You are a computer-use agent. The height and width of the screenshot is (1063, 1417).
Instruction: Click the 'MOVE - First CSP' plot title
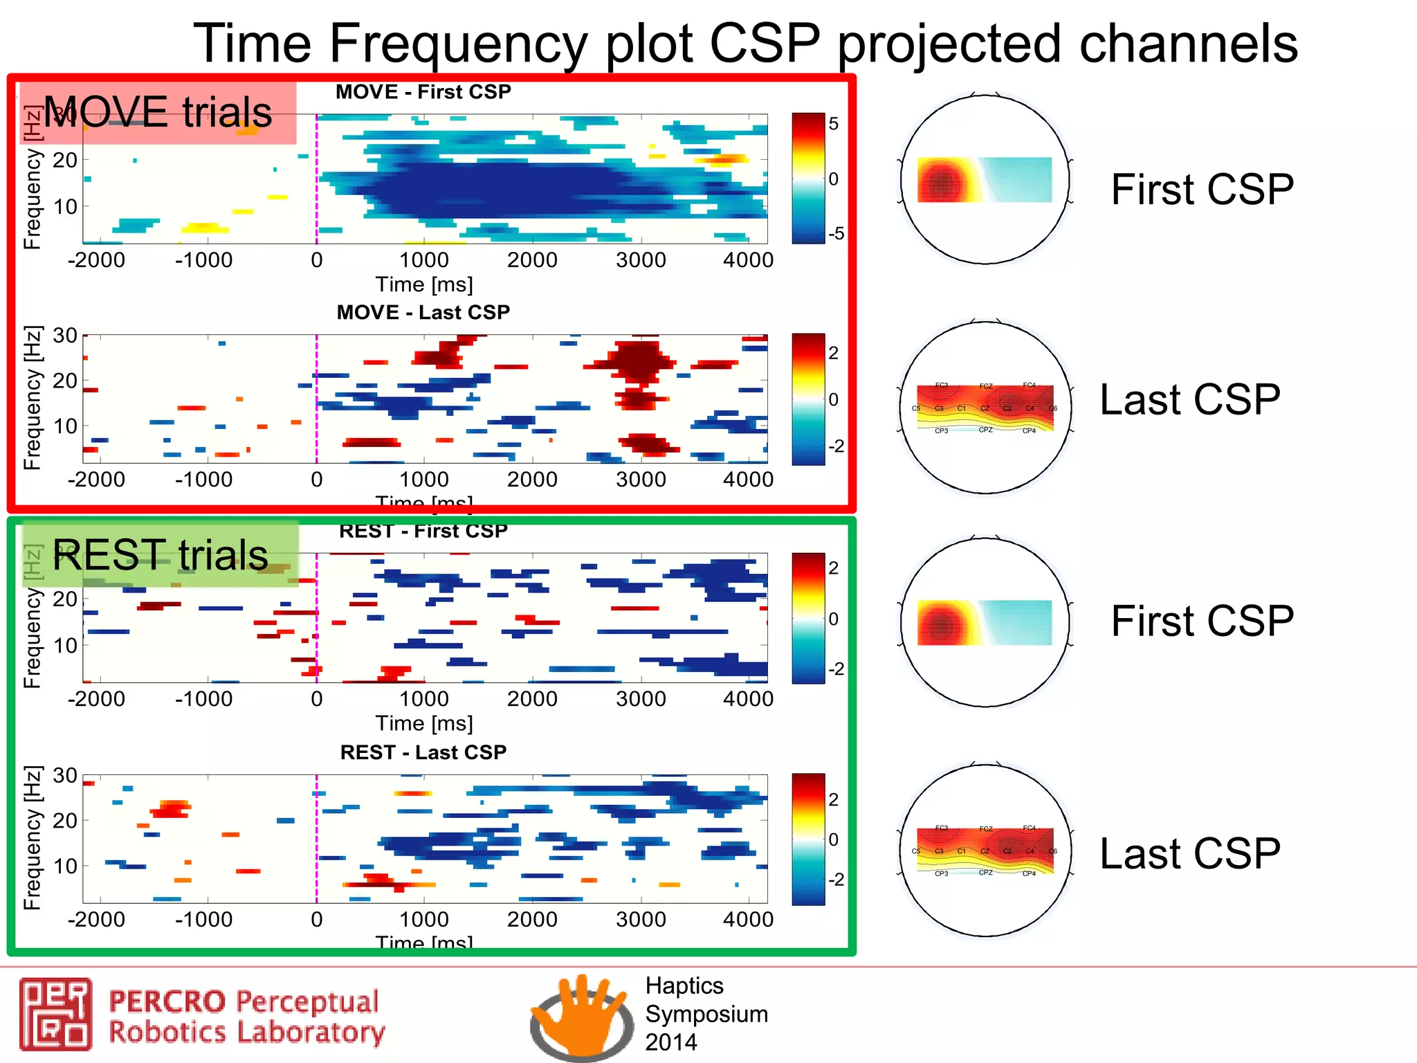point(423,92)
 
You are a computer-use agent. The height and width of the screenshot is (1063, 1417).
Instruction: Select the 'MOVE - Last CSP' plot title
point(423,313)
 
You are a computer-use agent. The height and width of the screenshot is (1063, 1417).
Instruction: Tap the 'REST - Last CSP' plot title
point(423,752)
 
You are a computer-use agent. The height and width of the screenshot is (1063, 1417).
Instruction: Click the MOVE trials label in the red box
point(158,112)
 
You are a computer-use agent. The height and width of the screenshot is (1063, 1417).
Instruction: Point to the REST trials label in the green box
point(161,555)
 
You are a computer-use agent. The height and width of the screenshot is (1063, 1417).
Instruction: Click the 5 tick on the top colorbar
point(834,124)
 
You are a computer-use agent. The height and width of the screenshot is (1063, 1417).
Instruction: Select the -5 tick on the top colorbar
point(836,234)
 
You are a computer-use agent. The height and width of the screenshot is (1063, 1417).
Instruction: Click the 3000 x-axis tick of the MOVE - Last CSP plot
point(641,480)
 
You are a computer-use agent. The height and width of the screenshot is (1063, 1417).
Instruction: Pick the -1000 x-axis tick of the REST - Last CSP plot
point(203,920)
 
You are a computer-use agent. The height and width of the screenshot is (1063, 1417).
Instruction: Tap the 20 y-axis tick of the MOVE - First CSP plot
point(65,161)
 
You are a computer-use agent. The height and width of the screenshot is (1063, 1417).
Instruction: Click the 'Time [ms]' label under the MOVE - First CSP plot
point(424,284)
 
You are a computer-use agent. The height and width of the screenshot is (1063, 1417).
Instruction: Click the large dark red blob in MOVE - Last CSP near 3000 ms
point(638,361)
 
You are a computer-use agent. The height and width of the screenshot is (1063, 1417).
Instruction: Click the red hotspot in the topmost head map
point(941,183)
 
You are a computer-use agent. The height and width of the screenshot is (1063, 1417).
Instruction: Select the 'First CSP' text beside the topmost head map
point(1202,190)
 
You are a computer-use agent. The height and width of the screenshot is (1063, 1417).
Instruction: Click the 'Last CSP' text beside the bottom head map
point(1190,853)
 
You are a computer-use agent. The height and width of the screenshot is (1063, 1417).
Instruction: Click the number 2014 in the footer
point(670,1042)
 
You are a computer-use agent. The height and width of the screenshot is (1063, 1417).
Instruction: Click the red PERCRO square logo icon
point(55,1014)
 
